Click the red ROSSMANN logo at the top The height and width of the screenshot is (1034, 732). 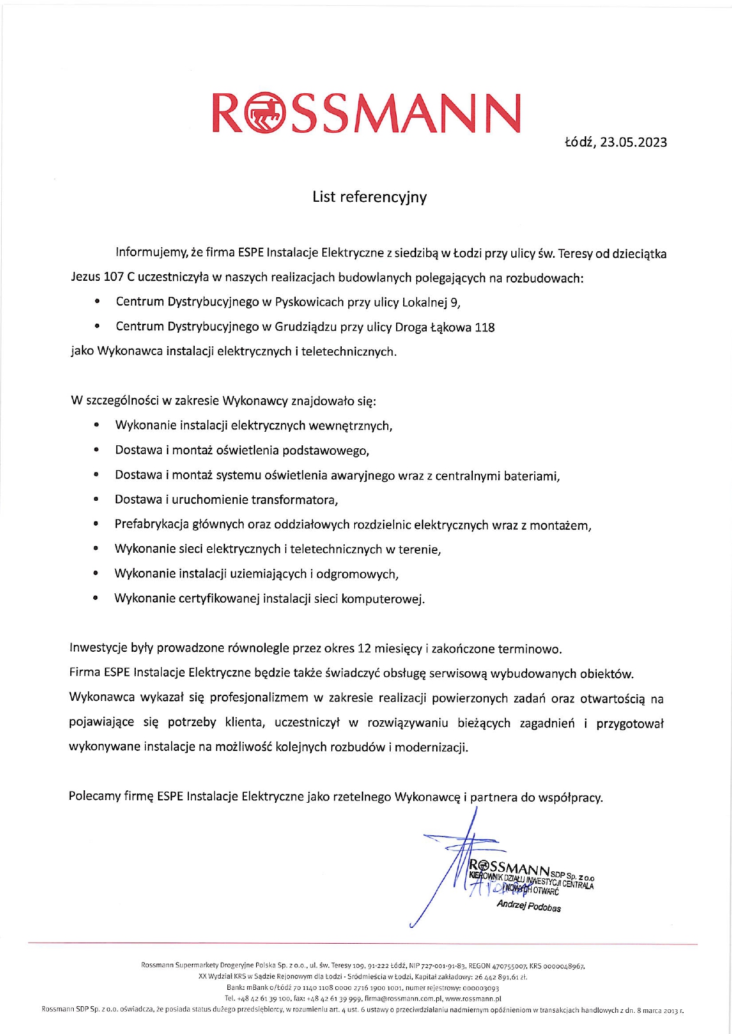[x=366, y=113]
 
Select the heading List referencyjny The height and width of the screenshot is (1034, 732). [x=370, y=197]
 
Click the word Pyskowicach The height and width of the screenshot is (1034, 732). [x=309, y=302]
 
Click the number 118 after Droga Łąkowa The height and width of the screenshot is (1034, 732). [x=485, y=327]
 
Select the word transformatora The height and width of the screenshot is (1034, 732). [x=295, y=500]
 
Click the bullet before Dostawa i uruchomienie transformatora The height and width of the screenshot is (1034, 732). [x=96, y=500]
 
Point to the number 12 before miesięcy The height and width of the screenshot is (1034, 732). [x=364, y=649]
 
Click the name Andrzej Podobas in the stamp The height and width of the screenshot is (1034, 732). [x=528, y=906]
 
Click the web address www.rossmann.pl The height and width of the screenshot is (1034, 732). [x=473, y=999]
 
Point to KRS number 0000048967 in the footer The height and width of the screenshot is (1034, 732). [x=564, y=966]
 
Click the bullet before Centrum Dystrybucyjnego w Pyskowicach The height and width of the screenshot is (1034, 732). [x=97, y=302]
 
